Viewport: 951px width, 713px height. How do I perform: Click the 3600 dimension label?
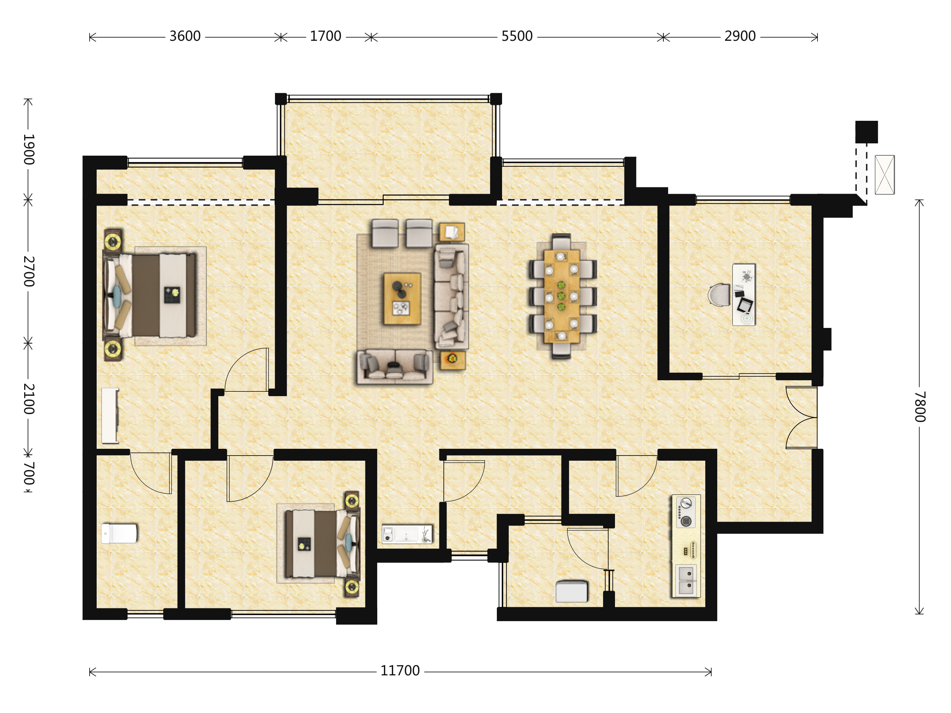185,36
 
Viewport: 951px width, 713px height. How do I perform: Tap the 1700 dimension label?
325,36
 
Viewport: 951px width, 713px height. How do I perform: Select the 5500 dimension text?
517,36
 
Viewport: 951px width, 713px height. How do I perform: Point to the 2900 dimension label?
740,36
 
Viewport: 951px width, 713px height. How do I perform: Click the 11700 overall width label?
400,671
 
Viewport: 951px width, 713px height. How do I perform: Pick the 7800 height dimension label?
919,406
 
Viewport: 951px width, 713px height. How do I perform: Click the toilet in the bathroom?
119,533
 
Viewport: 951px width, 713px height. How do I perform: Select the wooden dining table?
561,297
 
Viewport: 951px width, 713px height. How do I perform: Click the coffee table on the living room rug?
402,299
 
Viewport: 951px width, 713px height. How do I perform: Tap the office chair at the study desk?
719,295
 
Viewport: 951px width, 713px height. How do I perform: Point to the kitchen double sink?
686,580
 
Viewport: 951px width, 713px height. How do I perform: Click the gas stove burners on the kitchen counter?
686,512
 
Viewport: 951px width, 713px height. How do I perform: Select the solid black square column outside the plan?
866,132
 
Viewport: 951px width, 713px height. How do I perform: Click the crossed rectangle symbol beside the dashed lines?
884,175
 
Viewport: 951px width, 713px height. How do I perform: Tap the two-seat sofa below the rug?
395,366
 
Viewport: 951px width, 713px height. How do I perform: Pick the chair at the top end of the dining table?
561,242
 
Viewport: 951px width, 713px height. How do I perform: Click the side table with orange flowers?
452,360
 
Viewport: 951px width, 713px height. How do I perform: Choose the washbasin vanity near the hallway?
407,535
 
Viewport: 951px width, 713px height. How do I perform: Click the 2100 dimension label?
29,399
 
